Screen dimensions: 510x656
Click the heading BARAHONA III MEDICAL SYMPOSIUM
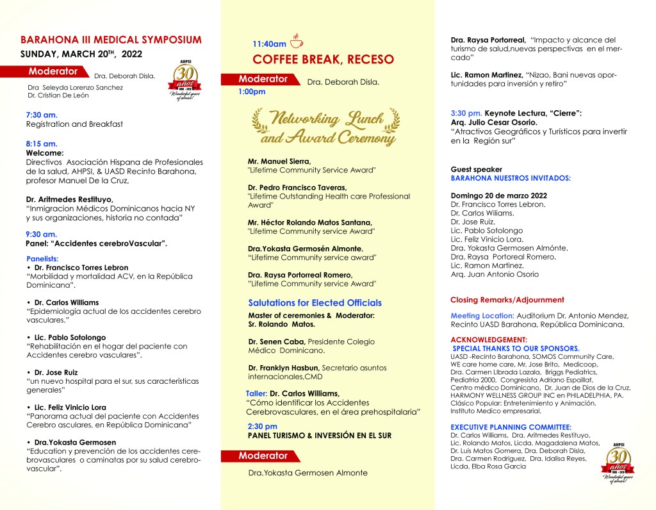(111, 40)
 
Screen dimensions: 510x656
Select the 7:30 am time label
(42, 114)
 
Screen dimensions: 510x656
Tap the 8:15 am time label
(42, 144)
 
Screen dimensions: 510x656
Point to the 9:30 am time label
(42, 234)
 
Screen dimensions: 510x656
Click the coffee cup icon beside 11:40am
(296, 42)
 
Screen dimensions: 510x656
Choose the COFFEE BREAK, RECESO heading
(323, 60)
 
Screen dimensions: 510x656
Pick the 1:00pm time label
(252, 92)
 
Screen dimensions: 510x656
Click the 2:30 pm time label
(263, 426)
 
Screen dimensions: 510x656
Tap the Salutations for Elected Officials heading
(315, 302)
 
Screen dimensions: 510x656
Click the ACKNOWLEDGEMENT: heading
(489, 340)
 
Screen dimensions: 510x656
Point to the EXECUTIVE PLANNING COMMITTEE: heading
(511, 427)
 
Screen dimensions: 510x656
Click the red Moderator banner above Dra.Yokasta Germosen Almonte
(263, 456)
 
